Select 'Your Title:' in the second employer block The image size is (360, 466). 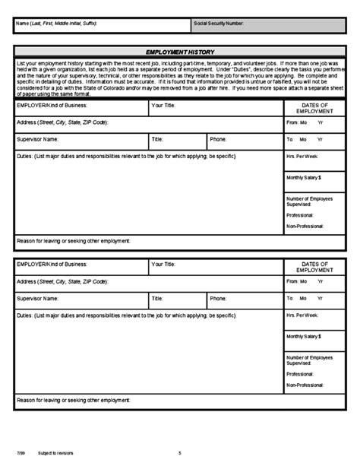point(164,265)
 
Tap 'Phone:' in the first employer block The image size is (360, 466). point(218,139)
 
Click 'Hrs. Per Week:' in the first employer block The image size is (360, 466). point(302,157)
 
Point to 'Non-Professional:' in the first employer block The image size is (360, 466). point(304,226)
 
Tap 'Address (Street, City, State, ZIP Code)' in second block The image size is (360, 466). point(62,281)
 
